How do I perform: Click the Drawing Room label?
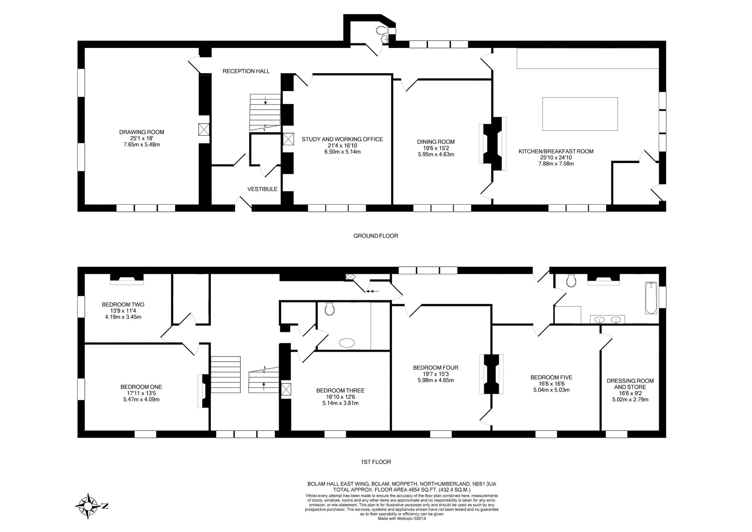[x=141, y=132]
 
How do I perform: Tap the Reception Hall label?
[x=246, y=71]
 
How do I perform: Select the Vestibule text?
[x=262, y=189]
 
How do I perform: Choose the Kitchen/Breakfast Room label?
[x=556, y=151]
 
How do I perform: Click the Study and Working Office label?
[x=342, y=139]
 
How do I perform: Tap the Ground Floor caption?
[x=376, y=236]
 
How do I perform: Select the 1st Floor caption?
[x=376, y=462]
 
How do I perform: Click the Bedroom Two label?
[x=123, y=305]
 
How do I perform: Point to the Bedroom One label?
[x=141, y=387]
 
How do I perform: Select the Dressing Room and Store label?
[x=630, y=384]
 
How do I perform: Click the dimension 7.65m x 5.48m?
[x=141, y=145]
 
